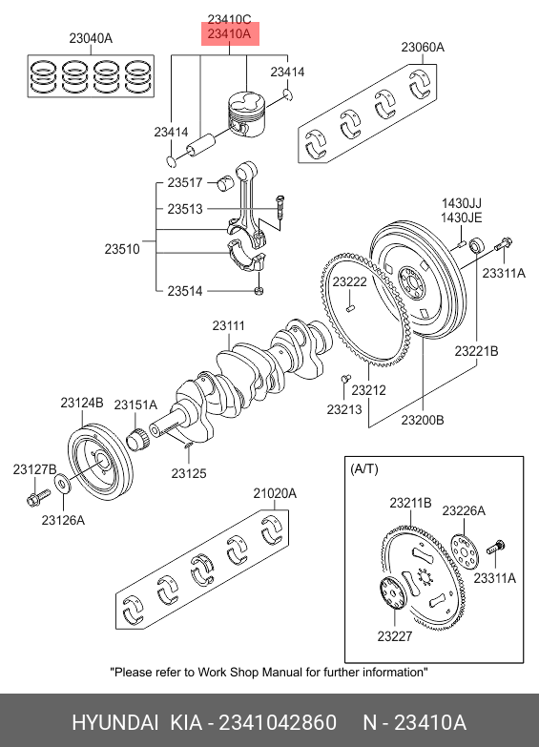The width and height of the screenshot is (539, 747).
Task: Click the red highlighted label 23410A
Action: click(229, 33)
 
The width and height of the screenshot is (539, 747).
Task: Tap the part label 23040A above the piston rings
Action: click(91, 38)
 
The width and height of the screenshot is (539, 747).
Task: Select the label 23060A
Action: click(423, 47)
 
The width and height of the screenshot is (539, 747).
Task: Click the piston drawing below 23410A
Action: click(246, 115)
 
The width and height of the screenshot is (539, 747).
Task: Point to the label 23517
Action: click(185, 182)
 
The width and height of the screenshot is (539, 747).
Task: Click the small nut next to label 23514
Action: click(259, 290)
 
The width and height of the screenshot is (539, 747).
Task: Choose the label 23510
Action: click(122, 249)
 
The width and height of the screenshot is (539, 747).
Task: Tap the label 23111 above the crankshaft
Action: click(228, 326)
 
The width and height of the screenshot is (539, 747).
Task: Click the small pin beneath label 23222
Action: click(350, 308)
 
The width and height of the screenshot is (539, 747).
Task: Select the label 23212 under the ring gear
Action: click(369, 390)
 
